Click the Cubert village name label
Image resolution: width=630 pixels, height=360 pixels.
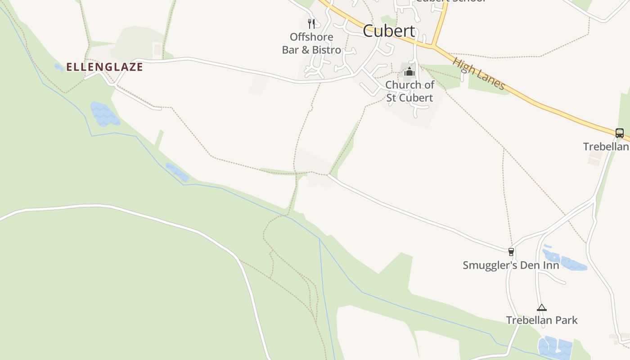pyautogui.click(x=389, y=31)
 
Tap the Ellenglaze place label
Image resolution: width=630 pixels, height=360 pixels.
pyautogui.click(x=104, y=67)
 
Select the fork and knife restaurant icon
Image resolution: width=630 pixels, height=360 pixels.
pyautogui.click(x=311, y=23)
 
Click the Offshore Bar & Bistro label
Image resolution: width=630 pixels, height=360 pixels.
pyautogui.click(x=311, y=44)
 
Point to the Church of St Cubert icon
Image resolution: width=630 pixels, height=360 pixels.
pyautogui.click(x=409, y=72)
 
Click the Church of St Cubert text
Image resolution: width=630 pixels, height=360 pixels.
pyautogui.click(x=409, y=91)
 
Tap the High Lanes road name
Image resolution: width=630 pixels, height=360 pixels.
pyautogui.click(x=479, y=73)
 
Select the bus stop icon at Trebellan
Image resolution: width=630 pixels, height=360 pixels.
pyautogui.click(x=620, y=133)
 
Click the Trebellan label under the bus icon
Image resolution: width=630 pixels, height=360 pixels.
pyautogui.click(x=606, y=147)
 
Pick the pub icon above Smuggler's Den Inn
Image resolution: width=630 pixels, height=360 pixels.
pyautogui.click(x=511, y=252)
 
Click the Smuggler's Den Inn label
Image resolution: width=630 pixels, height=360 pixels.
pyautogui.click(x=511, y=265)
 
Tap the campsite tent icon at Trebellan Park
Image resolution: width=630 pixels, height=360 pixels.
pyautogui.click(x=542, y=308)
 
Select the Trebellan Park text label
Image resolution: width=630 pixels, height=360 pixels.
pyautogui.click(x=542, y=320)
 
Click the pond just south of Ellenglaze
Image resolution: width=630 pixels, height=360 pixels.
pyautogui.click(x=104, y=114)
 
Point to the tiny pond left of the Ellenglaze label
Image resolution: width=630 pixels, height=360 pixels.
pyautogui.click(x=59, y=67)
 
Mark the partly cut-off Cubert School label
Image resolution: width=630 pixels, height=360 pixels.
pyautogui.click(x=450, y=1)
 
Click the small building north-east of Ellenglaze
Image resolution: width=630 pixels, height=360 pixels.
pyautogui.click(x=157, y=49)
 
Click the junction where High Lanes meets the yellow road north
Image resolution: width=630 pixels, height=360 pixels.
pyautogui.click(x=432, y=45)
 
